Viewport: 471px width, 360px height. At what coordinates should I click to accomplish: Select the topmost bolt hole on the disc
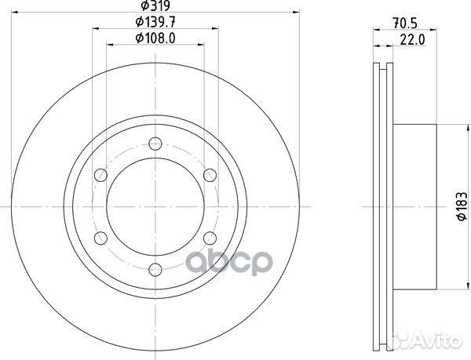[155, 144]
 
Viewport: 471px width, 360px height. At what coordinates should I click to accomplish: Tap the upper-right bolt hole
[210, 176]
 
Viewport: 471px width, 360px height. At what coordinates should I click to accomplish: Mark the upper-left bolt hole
[100, 176]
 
